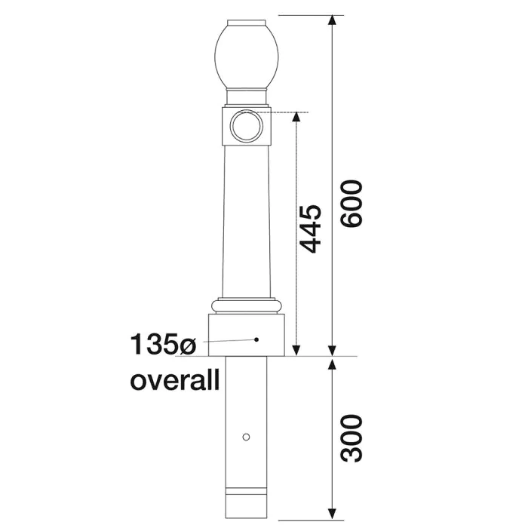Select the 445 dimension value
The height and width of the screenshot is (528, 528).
(x=312, y=228)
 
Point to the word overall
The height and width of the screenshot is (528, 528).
(x=175, y=379)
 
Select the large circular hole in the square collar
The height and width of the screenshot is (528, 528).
(x=246, y=125)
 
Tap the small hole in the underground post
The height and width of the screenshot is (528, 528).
(x=246, y=437)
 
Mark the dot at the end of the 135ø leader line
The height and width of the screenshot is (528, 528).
(x=256, y=339)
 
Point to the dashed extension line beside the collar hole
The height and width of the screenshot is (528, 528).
(x=287, y=113)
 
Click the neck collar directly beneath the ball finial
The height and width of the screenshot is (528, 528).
(x=246, y=97)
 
